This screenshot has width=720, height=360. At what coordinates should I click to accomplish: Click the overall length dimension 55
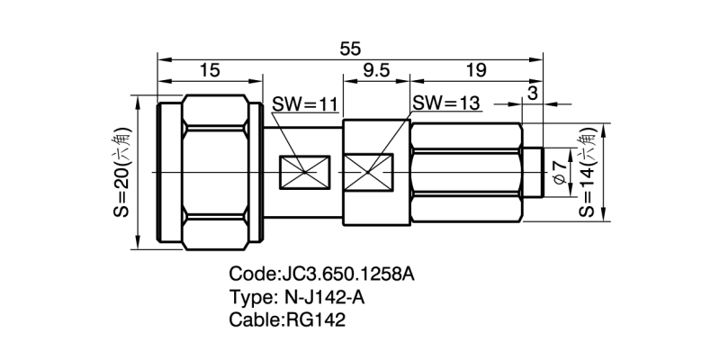click(x=350, y=49)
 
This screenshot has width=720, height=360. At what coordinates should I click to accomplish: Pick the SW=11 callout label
click(x=304, y=105)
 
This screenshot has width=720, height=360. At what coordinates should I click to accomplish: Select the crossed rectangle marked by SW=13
click(x=370, y=172)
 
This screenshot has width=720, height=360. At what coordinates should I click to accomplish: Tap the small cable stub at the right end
click(x=533, y=172)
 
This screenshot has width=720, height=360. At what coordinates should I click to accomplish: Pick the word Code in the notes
click(x=251, y=274)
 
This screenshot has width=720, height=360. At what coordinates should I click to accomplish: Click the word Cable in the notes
click(x=254, y=320)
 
